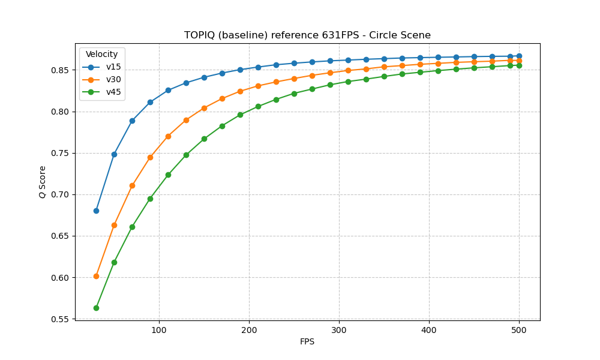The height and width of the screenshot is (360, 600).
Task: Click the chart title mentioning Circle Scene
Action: (307, 35)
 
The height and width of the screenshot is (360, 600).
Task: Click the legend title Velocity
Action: (102, 55)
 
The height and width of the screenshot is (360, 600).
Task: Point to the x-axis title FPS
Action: (307, 342)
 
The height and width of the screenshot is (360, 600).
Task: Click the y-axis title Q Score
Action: (43, 182)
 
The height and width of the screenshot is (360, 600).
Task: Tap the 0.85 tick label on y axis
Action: (60, 70)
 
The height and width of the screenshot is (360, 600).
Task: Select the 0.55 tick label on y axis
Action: (60, 319)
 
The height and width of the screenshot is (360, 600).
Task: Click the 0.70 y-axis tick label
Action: (60, 194)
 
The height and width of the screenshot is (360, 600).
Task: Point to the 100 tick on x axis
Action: (159, 329)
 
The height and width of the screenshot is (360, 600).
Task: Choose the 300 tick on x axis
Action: (339, 329)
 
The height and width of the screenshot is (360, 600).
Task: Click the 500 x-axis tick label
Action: (519, 329)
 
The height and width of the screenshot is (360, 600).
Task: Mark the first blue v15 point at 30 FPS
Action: (96, 211)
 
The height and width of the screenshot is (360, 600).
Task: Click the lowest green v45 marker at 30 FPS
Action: (96, 308)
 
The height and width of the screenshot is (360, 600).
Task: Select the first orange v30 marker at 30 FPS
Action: (96, 276)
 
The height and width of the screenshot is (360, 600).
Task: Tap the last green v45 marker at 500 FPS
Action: (519, 65)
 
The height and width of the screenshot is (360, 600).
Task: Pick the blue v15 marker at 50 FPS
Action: (114, 154)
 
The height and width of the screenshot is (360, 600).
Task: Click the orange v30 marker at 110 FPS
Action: (168, 136)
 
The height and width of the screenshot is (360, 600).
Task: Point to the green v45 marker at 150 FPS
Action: (204, 139)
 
